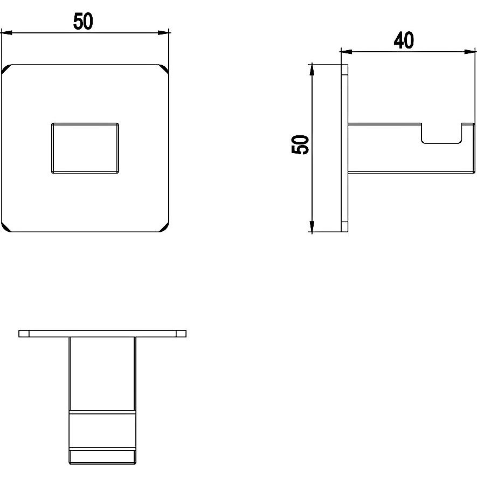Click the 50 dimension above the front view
(x=83, y=22)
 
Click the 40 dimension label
(x=404, y=40)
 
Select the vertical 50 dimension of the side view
(x=300, y=144)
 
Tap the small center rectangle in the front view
(x=85, y=148)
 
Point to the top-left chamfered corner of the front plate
(x=6, y=69)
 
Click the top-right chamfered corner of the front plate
(x=164, y=69)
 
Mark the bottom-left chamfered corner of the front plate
(x=6, y=227)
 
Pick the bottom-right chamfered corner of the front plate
(x=164, y=227)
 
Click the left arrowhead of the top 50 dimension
(x=6, y=32)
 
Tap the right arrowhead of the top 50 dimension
(x=164, y=32)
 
